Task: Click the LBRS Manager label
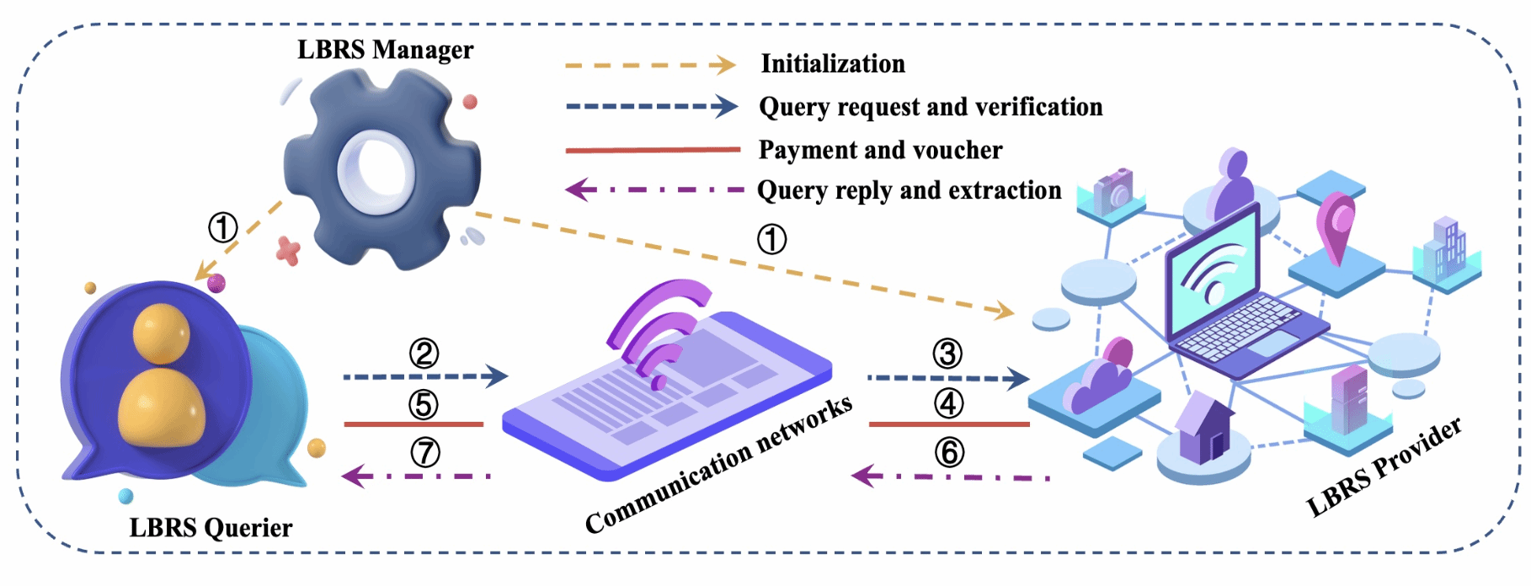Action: (x=385, y=50)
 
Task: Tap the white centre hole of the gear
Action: (x=376, y=172)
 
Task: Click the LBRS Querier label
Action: (x=211, y=528)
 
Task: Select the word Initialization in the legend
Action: (x=833, y=64)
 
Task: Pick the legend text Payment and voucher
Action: (x=880, y=150)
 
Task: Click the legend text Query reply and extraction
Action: (x=909, y=190)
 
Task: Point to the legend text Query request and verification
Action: (x=931, y=107)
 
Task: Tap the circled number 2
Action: (x=424, y=354)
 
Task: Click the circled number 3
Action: (x=947, y=354)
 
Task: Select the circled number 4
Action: (x=948, y=403)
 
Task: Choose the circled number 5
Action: (x=424, y=404)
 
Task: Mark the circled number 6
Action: (x=949, y=453)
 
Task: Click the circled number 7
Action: (x=424, y=453)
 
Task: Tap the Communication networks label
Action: (x=718, y=465)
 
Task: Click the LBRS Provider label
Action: (x=1384, y=467)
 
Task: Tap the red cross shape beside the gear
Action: (x=288, y=250)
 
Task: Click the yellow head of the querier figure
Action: (x=161, y=333)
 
